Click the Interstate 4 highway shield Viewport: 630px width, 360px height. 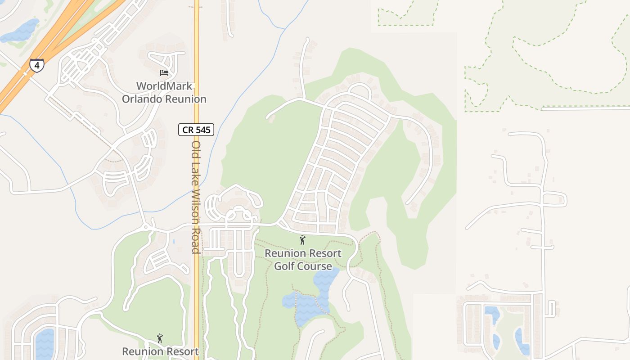[37, 65]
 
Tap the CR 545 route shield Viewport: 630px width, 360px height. [196, 130]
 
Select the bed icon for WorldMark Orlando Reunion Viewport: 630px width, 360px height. [164, 72]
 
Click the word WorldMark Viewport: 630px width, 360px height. [164, 86]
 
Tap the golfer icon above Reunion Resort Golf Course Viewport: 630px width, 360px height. [302, 240]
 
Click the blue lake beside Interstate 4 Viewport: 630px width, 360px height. [20, 31]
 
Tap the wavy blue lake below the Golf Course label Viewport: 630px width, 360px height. [310, 301]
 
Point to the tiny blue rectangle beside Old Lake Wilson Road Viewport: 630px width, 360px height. [174, 242]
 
